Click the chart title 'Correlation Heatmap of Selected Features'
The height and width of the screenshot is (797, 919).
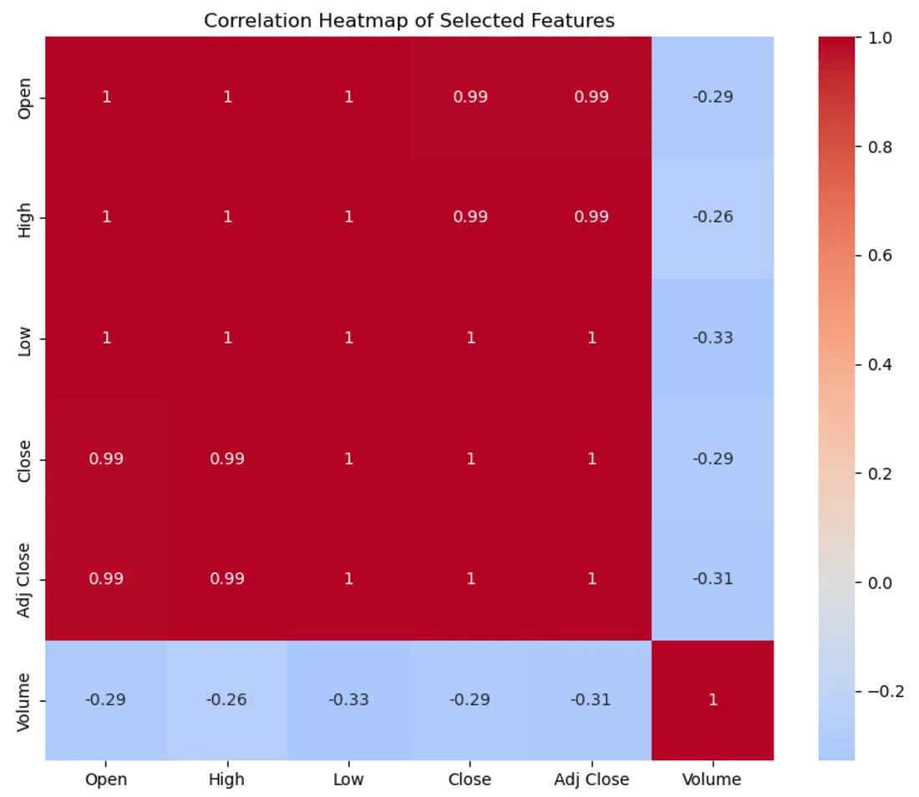point(409,21)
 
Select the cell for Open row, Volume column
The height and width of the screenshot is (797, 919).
point(713,97)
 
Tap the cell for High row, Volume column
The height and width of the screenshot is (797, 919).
point(713,217)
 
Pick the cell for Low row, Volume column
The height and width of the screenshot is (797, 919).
point(713,338)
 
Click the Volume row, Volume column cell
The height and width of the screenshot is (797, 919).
point(713,700)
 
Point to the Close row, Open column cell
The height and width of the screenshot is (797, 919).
point(106,459)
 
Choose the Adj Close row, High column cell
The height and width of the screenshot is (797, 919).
point(227,579)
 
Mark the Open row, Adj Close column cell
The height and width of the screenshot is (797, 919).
point(592,97)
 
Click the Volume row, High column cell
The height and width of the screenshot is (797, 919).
point(227,700)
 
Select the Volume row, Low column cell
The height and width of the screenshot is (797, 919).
point(348,700)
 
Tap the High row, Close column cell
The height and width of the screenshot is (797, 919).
point(470,217)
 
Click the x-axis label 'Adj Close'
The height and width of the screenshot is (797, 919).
point(592,780)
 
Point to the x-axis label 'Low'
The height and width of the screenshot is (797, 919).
point(348,780)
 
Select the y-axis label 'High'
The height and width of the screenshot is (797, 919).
point(24,217)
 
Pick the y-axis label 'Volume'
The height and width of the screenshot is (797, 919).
point(24,700)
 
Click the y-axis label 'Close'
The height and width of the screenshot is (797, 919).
point(24,459)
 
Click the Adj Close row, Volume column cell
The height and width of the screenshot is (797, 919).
point(713,579)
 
